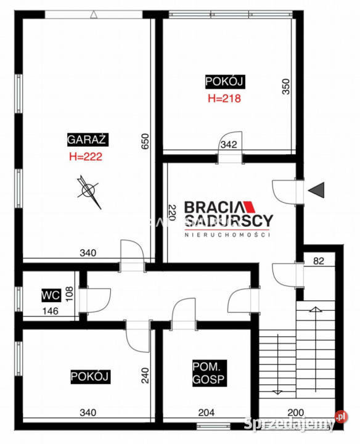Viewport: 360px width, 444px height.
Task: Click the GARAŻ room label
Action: (88, 139)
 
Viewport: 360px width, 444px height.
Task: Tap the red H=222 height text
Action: (86, 157)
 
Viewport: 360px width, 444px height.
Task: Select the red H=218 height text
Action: (224, 98)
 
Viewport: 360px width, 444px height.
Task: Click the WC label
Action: (51, 295)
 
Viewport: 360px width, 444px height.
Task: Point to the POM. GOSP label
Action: (209, 373)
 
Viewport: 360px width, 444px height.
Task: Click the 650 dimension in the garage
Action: (145, 141)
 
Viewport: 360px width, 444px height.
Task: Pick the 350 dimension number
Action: (286, 87)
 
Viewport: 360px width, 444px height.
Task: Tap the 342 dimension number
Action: (229, 144)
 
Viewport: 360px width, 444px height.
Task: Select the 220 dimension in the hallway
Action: (172, 212)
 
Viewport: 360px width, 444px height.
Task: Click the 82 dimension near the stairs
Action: (319, 261)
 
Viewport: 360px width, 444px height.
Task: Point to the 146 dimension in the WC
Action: (51, 311)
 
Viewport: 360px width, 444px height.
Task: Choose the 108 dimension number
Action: (69, 294)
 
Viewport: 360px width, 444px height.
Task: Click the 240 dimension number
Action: (145, 376)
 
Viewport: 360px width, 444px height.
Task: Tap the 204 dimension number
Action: (207, 413)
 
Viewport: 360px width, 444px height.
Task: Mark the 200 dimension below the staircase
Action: (296, 413)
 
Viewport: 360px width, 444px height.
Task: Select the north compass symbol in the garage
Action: (89, 191)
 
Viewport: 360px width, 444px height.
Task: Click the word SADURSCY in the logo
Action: (229, 221)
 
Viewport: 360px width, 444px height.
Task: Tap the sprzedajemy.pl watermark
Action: (296, 422)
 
